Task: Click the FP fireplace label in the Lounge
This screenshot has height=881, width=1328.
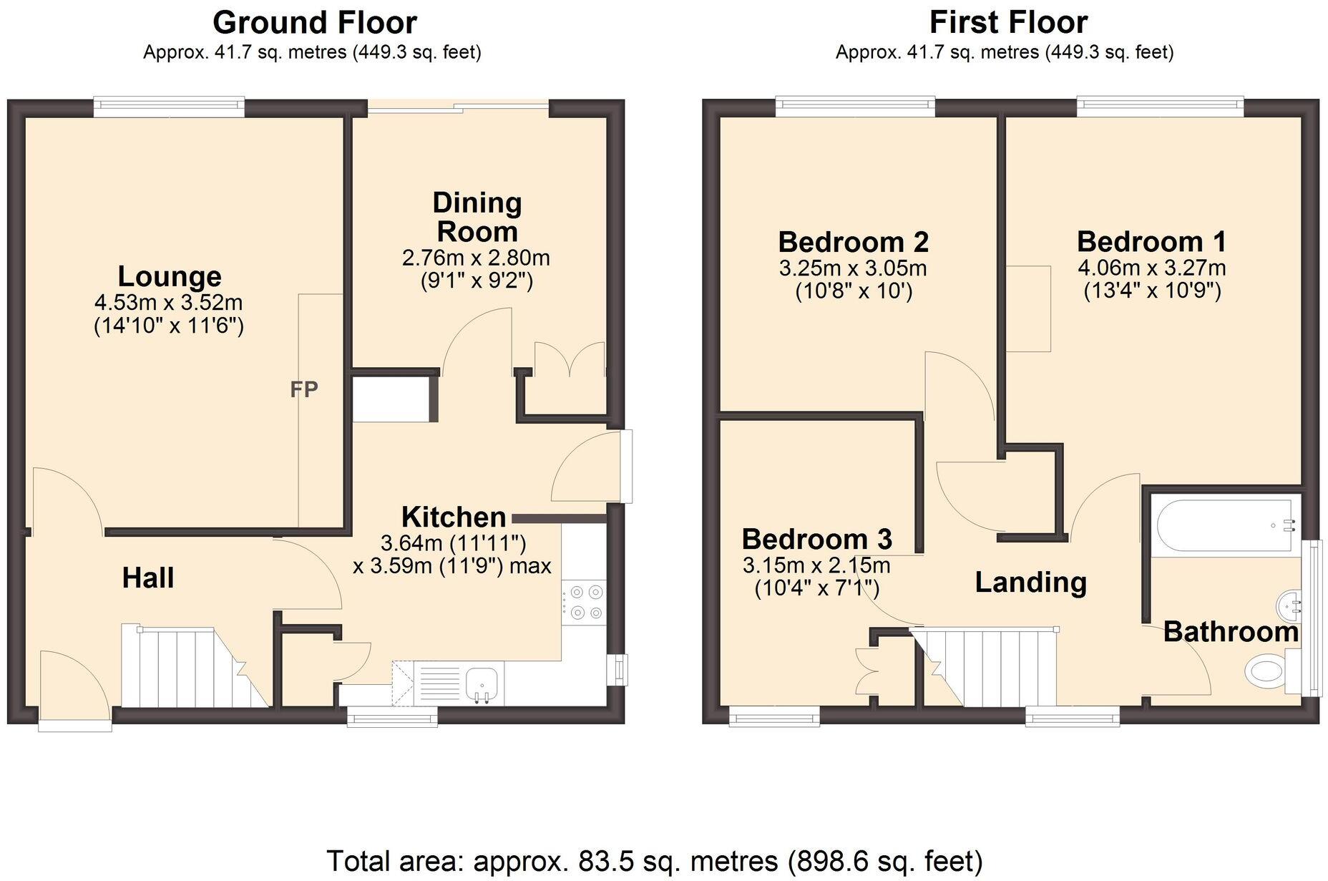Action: pyautogui.click(x=304, y=389)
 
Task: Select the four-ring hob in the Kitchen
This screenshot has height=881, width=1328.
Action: pyautogui.click(x=584, y=602)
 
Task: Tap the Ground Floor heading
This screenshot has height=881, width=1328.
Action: pyautogui.click(x=314, y=22)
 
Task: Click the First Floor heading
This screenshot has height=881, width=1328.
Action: pyautogui.click(x=1007, y=22)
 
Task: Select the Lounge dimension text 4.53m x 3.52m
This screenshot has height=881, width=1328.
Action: pyautogui.click(x=169, y=302)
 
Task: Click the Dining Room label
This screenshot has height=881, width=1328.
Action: pyautogui.click(x=477, y=217)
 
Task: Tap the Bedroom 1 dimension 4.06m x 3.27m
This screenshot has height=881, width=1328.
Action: pyautogui.click(x=1151, y=268)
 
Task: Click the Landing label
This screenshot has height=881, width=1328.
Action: pyautogui.click(x=1030, y=583)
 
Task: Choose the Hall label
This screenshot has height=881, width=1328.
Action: pyautogui.click(x=148, y=578)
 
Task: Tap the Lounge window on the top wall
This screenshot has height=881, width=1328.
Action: pyautogui.click(x=169, y=107)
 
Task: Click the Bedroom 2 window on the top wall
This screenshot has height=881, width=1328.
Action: pyautogui.click(x=856, y=107)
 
